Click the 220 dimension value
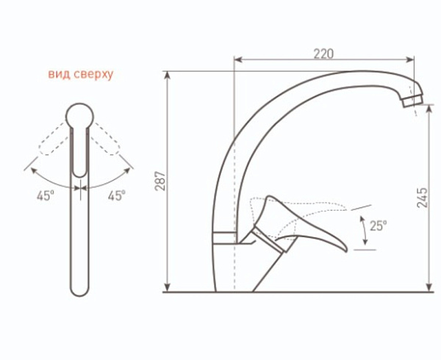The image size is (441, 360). tap(323, 54)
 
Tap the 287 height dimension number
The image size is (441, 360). tap(161, 181)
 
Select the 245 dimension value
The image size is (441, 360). tap(422, 198)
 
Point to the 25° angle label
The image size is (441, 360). tap(378, 226)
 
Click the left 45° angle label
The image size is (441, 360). tap(46, 195)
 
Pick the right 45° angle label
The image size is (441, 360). tap(116, 195)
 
